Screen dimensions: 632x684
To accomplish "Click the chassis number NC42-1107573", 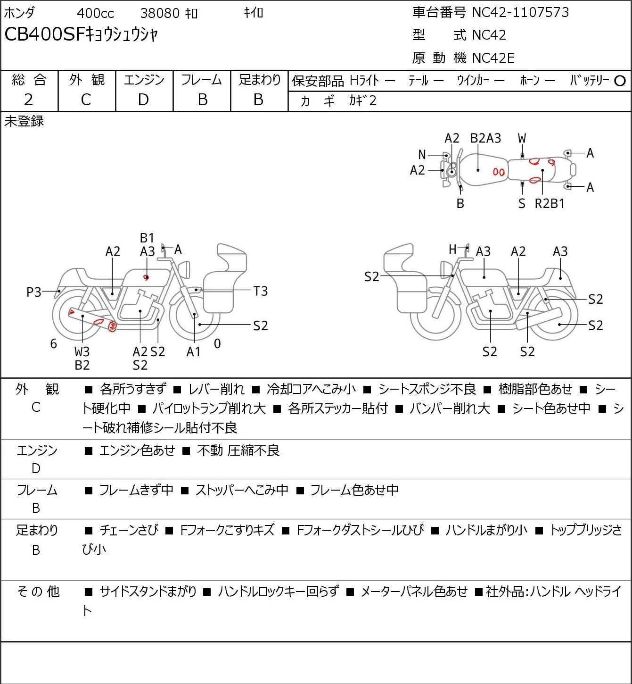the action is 520,12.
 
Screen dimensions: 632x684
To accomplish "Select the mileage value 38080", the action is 160,13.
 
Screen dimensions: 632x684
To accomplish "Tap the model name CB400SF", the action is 44,34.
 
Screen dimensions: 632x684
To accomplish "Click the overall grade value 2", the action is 28,100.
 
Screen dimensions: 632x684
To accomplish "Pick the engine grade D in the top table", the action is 143,100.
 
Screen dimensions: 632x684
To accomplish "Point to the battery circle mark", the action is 620,81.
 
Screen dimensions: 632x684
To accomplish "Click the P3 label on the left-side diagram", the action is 34,292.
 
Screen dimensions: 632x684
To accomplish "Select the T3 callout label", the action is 260,292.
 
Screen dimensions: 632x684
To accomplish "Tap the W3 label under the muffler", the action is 82,351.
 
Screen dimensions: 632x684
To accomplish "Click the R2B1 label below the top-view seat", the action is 550,203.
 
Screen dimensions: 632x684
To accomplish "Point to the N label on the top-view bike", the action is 422,155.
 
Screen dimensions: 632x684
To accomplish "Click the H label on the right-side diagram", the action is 452,249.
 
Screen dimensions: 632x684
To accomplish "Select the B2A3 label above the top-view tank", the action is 485,139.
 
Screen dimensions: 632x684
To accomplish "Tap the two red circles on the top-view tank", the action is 499,172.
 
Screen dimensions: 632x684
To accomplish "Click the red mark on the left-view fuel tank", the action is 146,277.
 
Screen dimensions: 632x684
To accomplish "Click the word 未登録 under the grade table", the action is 24,121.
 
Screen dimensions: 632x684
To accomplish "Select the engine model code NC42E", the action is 493,58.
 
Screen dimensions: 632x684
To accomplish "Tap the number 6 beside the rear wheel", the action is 54,343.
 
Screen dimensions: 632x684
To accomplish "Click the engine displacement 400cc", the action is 95,13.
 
